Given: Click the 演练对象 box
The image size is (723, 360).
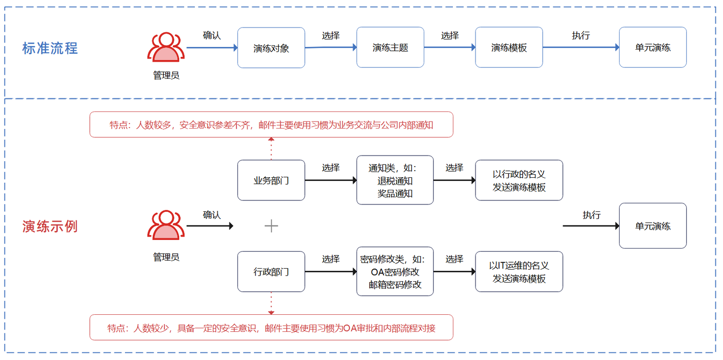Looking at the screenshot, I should point(271,48).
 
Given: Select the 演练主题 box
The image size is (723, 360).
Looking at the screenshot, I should point(390,48).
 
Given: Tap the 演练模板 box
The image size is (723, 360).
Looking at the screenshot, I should point(509,48).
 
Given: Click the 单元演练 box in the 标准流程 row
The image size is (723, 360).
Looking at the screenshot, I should point(653,48).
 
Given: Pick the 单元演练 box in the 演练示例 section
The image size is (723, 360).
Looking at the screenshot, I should point(653,226).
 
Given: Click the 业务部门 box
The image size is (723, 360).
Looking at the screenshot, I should point(271,180).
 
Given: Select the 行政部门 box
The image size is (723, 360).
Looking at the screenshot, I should point(271,272).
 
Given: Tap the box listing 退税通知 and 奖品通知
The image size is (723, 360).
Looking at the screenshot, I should point(395,180).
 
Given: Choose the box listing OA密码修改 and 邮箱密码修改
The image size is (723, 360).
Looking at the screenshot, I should point(395,272).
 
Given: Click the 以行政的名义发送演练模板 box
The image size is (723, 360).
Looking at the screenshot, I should point(519,180).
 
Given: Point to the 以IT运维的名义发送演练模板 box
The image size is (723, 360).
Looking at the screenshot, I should point(519,272).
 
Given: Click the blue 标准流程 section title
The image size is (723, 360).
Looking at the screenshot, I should point(50,48).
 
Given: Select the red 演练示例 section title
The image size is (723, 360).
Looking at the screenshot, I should point(50,226).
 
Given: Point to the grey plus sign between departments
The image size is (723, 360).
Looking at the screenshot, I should point(271,226).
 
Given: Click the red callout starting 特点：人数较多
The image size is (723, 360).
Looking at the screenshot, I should point(271,125).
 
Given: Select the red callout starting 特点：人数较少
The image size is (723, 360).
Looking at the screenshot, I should point(271,328).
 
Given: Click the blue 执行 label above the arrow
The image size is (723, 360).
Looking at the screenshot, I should point(581,36).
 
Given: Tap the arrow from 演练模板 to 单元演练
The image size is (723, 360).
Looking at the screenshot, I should point(581,48).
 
